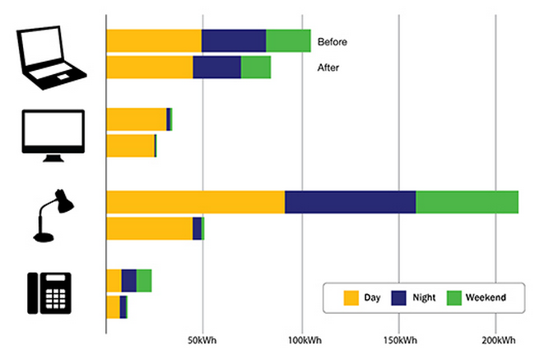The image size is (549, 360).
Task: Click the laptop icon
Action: pyautogui.click(x=51, y=55)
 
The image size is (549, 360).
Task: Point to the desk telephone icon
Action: pyautogui.click(x=49, y=292)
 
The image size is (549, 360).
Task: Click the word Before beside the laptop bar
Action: pyautogui.click(x=333, y=42)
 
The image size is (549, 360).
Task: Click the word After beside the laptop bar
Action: pyautogui.click(x=328, y=68)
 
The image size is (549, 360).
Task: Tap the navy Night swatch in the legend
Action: pyautogui.click(x=402, y=296)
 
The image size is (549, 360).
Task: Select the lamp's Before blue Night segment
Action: pyautogui.click(x=350, y=202)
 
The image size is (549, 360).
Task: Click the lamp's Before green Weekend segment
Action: pyautogui.click(x=467, y=202)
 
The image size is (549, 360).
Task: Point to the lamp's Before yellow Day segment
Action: pyautogui.click(x=195, y=202)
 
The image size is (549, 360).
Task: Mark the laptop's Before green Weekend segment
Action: pyautogui.click(x=288, y=40)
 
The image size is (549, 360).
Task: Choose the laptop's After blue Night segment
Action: pyautogui.click(x=216, y=68)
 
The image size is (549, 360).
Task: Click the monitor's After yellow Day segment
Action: pyautogui.click(x=130, y=146)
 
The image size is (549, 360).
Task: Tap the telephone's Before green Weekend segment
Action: pyautogui.click(x=144, y=280)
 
